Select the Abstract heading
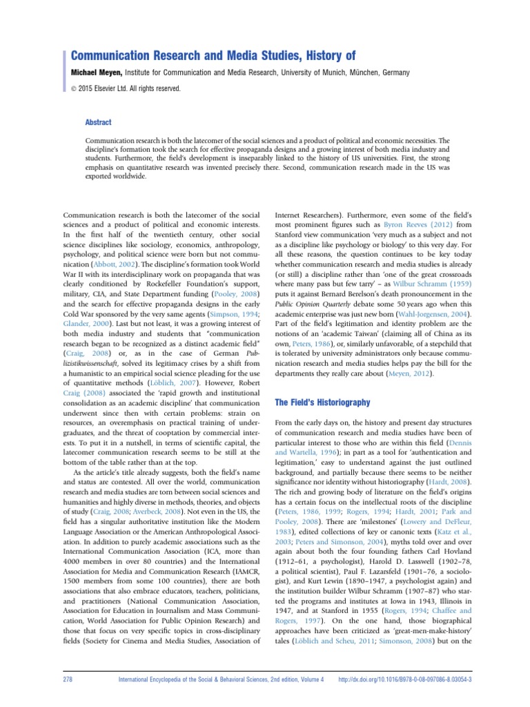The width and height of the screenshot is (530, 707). [98, 122]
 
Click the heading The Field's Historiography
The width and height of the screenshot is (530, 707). [322, 402]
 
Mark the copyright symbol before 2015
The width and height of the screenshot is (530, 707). [75, 88]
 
